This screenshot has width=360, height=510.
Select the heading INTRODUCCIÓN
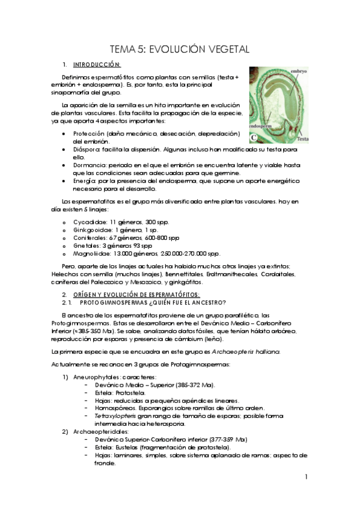(97, 64)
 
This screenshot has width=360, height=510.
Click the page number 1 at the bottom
(306, 477)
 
